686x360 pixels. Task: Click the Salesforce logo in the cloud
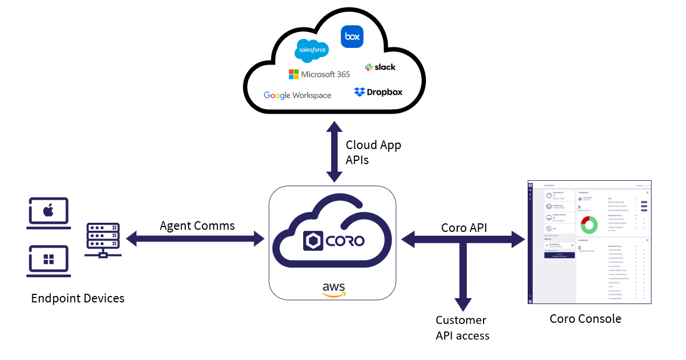[x=311, y=51]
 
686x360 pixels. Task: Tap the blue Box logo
[x=352, y=37]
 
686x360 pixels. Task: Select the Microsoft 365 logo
[x=319, y=74]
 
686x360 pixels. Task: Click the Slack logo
[x=380, y=67]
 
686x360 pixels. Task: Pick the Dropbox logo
[x=378, y=92]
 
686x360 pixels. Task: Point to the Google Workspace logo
[x=297, y=95]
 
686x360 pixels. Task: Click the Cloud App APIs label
[x=373, y=152]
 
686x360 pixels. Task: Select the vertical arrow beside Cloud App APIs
[x=334, y=152]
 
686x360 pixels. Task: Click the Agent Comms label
[x=197, y=225]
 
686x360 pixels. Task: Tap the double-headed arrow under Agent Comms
[x=195, y=239]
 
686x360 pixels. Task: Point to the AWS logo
[x=334, y=289]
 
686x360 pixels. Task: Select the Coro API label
[x=464, y=228]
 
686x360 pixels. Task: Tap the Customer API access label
[x=462, y=328]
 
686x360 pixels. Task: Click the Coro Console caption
[x=585, y=319]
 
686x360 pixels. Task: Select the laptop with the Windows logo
[x=48, y=261]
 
